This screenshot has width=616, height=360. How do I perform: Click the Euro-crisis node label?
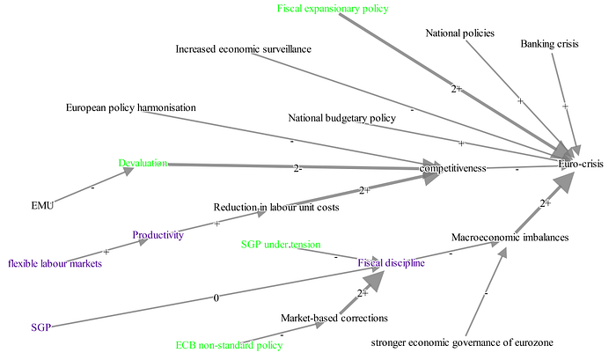(x=581, y=164)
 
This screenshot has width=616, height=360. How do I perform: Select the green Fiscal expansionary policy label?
(x=333, y=9)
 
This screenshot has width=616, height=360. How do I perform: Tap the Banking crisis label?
(x=550, y=44)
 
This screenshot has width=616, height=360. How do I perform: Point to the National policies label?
(x=459, y=33)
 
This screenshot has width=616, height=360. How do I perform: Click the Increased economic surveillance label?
(x=243, y=49)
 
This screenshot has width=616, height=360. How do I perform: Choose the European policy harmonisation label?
(x=131, y=107)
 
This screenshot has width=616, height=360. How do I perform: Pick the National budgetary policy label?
(x=341, y=118)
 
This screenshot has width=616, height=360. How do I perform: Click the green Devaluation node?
(x=143, y=163)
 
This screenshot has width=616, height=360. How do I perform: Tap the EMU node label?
(x=42, y=206)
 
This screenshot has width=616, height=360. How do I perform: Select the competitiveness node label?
(x=452, y=168)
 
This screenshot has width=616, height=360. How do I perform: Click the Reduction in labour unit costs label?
(x=276, y=207)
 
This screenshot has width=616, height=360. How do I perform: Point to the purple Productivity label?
(x=158, y=235)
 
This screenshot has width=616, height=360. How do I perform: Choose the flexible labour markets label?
(x=55, y=263)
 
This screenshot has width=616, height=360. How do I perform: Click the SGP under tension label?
(x=281, y=245)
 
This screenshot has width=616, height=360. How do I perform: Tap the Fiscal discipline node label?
(x=392, y=262)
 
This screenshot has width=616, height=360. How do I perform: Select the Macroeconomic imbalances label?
(x=510, y=238)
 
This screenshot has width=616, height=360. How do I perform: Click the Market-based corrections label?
(x=334, y=318)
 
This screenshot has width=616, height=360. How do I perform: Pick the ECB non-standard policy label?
(x=229, y=345)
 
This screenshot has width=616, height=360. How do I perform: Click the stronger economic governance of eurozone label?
(x=462, y=342)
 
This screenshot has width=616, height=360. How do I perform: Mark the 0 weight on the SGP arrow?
(x=216, y=298)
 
